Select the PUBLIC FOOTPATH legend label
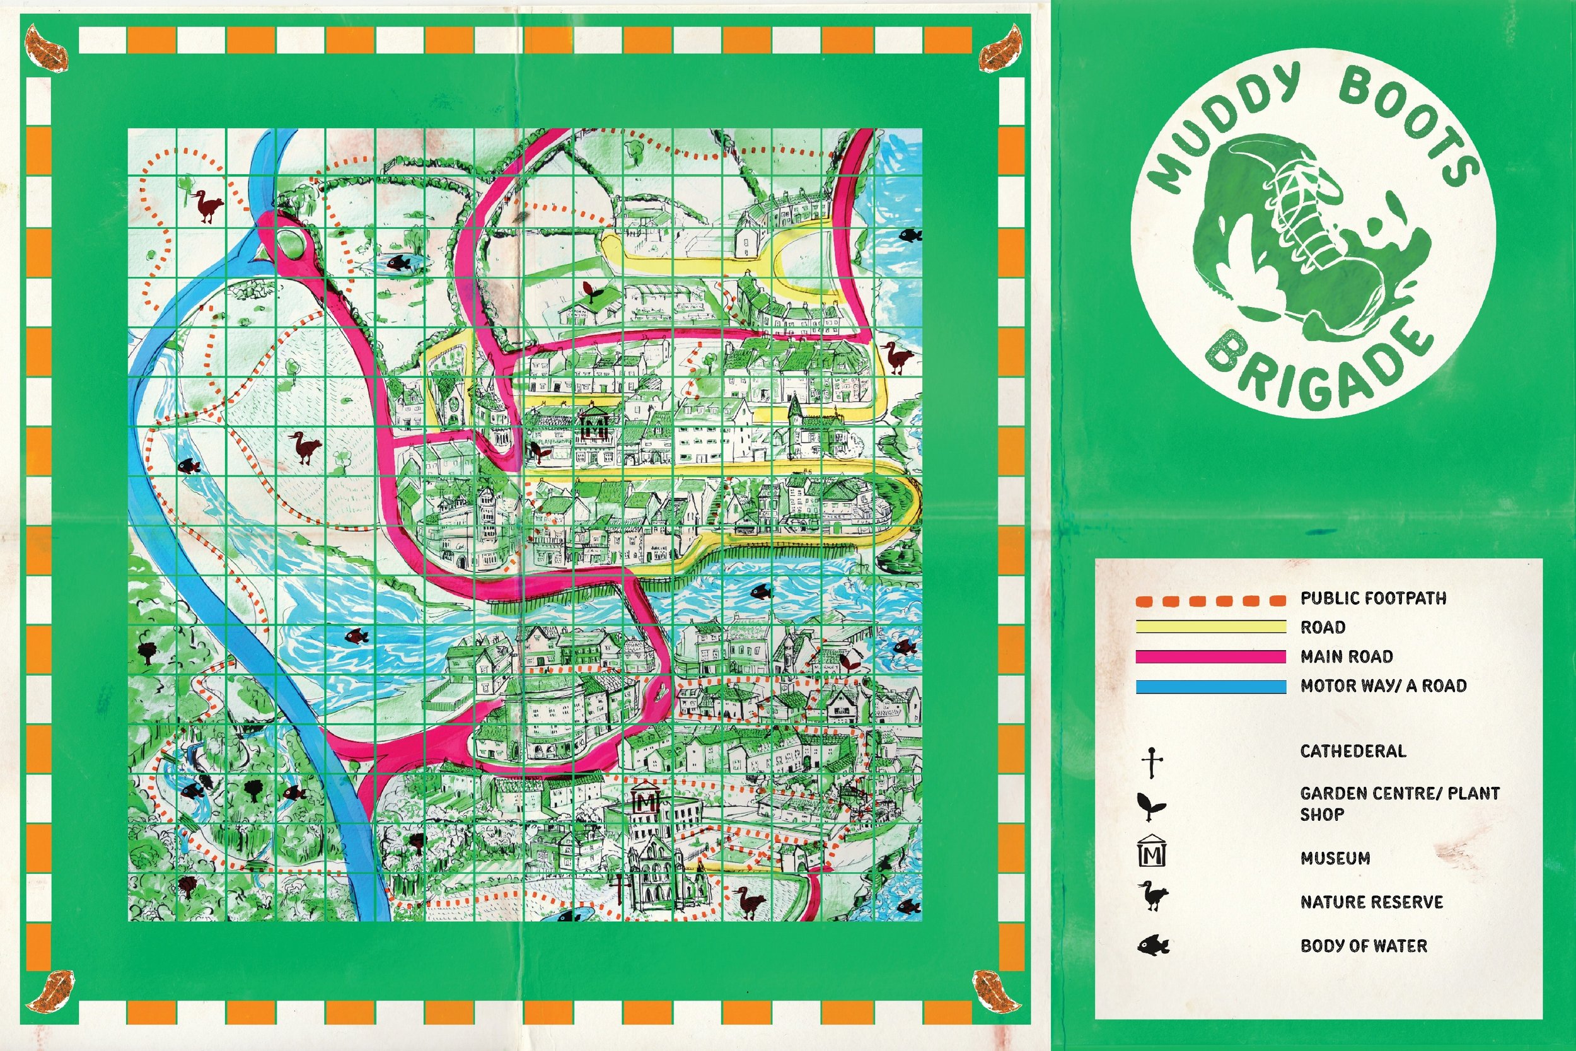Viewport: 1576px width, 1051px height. pyautogui.click(x=1373, y=598)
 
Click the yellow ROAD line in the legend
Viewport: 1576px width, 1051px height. pyautogui.click(x=1210, y=627)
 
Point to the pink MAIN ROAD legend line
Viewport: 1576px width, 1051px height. pyautogui.click(x=1210, y=656)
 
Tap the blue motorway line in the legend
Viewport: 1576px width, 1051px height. pyautogui.click(x=1210, y=686)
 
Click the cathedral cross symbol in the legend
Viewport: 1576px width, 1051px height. pyautogui.click(x=1152, y=763)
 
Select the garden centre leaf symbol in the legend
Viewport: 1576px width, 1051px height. pyautogui.click(x=1151, y=806)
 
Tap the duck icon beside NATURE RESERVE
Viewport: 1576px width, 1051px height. pyautogui.click(x=1152, y=895)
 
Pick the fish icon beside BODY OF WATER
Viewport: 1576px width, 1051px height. pyautogui.click(x=1152, y=946)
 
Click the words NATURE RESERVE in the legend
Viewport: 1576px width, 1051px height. pyautogui.click(x=1371, y=902)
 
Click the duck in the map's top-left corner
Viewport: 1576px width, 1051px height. pyautogui.click(x=209, y=206)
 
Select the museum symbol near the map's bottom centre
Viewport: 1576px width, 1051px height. pyautogui.click(x=646, y=801)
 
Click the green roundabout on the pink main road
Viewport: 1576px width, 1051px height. pyautogui.click(x=290, y=242)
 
